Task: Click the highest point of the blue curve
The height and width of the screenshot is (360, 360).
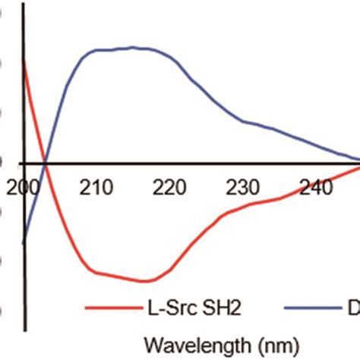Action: click(134, 47)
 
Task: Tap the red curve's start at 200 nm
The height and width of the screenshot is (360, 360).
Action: click(25, 62)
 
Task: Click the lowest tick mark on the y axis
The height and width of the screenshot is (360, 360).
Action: click(23, 311)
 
